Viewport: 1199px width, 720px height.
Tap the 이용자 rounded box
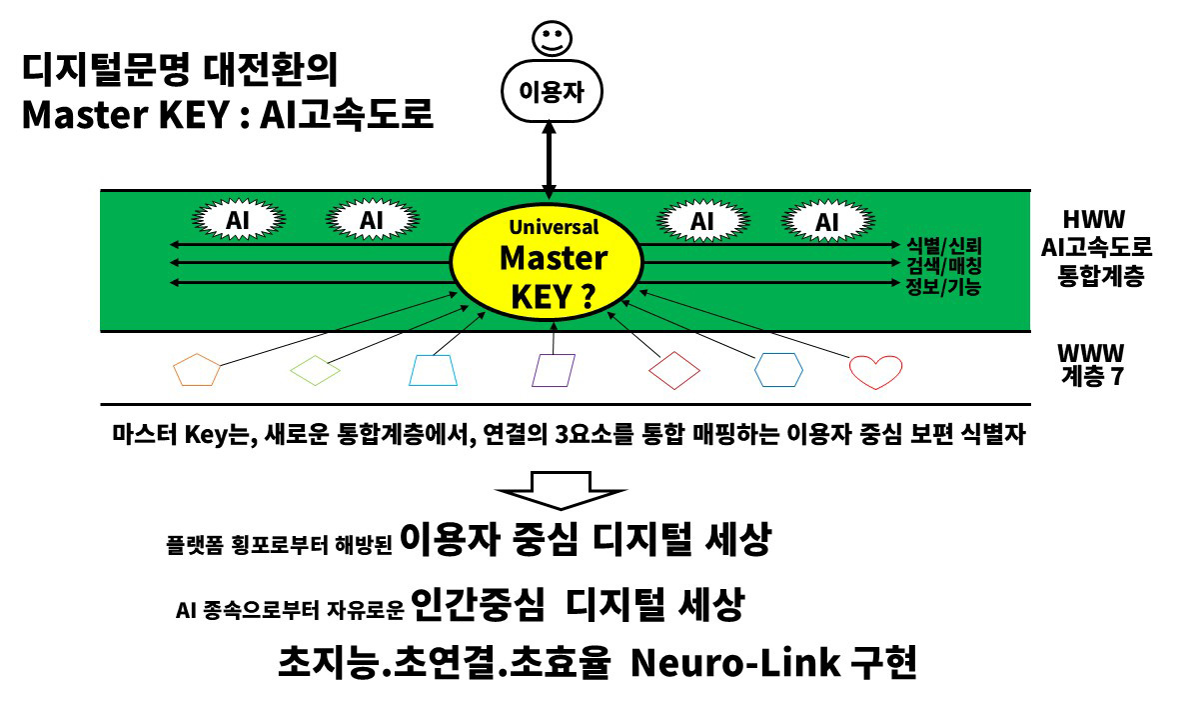pos(549,92)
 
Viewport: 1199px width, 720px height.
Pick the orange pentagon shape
pos(197,370)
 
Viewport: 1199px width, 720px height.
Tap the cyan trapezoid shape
pos(435,370)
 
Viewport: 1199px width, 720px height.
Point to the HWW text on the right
pos(1093,219)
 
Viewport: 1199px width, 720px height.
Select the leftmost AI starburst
pos(237,220)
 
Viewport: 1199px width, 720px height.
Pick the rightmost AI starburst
pos(826,222)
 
